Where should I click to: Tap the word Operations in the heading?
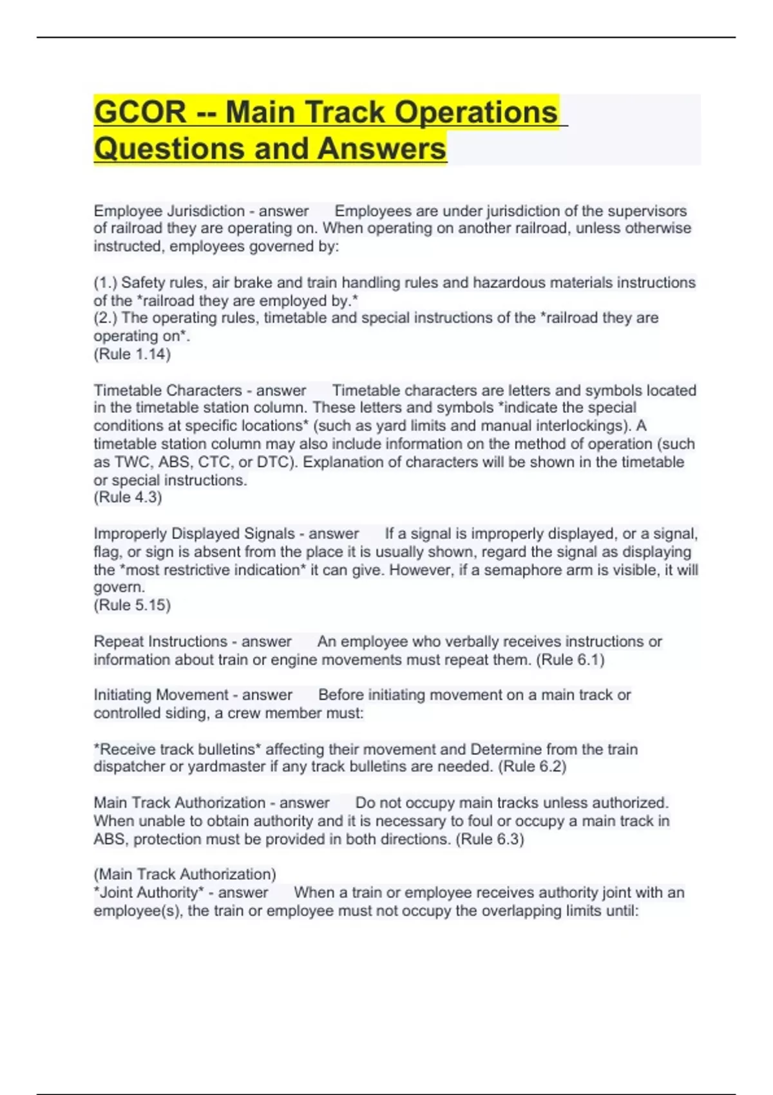click(x=475, y=113)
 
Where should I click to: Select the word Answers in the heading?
click(x=381, y=149)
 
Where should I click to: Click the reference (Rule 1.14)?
click(x=132, y=354)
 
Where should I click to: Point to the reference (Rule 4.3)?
click(x=128, y=497)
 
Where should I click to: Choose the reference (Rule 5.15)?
click(x=132, y=605)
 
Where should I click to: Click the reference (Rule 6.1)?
click(x=570, y=660)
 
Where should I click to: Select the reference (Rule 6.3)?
click(x=490, y=839)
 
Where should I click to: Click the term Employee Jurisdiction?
click(x=169, y=211)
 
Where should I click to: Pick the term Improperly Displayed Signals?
click(x=194, y=534)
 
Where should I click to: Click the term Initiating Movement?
click(x=160, y=695)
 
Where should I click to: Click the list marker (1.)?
click(x=106, y=283)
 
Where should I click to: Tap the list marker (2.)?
click(x=106, y=318)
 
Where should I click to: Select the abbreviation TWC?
click(x=133, y=462)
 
